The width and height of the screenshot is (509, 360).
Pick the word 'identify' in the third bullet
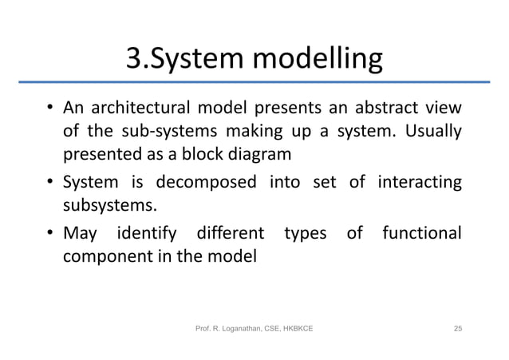[144, 235]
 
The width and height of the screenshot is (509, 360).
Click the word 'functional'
[421, 235]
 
